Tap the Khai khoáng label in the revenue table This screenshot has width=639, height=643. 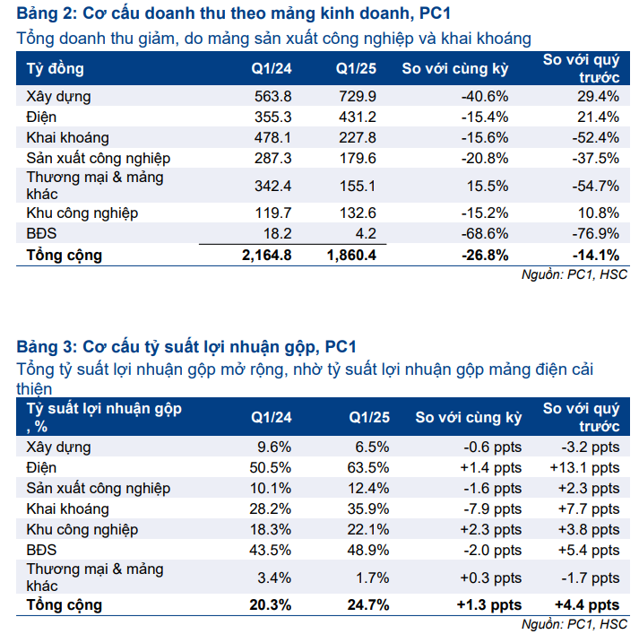click(x=68, y=137)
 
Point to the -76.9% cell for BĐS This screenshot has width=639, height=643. click(x=597, y=234)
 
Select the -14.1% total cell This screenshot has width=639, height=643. click(x=596, y=255)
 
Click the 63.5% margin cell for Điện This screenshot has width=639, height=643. click(x=369, y=467)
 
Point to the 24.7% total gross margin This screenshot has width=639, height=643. click(x=367, y=604)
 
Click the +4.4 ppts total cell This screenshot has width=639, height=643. click(x=585, y=604)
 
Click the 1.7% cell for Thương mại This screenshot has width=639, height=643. click(x=372, y=578)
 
